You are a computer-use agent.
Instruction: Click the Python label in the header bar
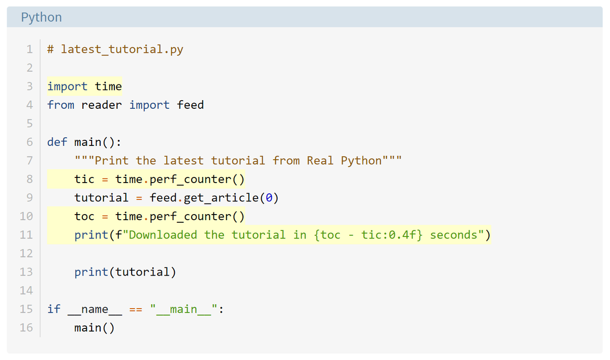point(41,17)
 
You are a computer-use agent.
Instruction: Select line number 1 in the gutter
point(30,49)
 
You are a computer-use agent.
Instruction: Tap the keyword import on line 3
point(68,86)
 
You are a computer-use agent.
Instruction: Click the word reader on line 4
point(102,105)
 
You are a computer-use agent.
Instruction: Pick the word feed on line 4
point(190,105)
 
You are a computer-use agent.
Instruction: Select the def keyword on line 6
point(57,142)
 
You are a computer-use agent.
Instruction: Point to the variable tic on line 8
point(84,179)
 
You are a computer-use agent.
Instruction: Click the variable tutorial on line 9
point(102,198)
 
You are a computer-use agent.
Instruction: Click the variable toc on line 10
point(84,217)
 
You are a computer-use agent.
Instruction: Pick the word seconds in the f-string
point(453,235)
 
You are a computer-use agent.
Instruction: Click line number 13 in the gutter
point(26,272)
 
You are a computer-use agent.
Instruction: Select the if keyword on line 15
point(54,309)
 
